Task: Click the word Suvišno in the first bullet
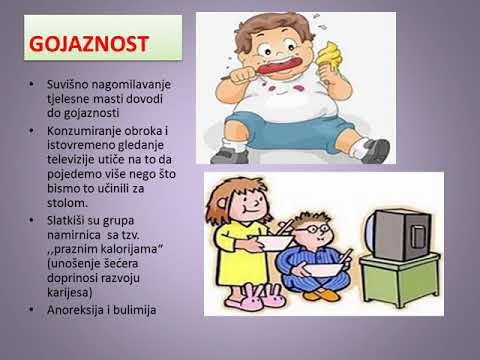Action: pos(62,87)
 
